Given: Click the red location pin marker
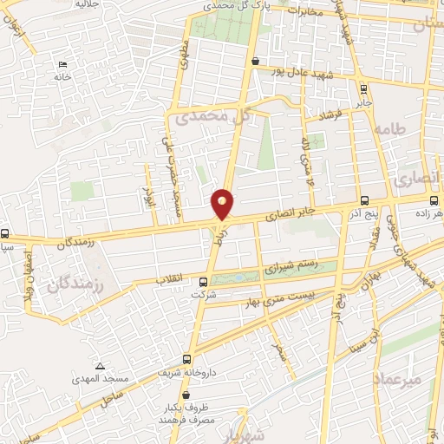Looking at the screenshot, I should (x=223, y=204).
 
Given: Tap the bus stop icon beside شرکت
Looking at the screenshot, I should (x=204, y=281).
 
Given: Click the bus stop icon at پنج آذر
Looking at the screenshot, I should (x=363, y=199).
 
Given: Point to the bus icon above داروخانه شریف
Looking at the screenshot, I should (x=187, y=359).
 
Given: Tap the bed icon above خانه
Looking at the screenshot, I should (x=60, y=65).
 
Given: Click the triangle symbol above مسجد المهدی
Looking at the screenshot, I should (x=101, y=367).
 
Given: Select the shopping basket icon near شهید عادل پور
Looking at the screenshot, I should (x=254, y=62).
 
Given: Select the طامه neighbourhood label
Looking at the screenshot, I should (x=390, y=127).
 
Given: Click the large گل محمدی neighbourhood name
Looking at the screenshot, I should (x=212, y=115).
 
